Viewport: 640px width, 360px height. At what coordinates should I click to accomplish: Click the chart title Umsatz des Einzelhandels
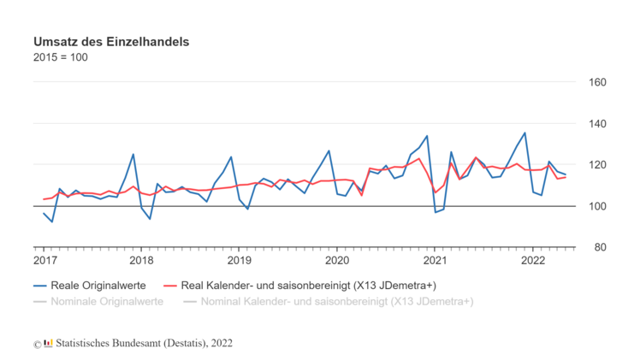coord(111,41)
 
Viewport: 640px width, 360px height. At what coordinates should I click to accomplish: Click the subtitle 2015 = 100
coord(61,58)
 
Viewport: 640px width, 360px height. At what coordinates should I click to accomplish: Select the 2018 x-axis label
coord(142,260)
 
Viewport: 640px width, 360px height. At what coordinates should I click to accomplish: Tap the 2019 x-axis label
coord(240,260)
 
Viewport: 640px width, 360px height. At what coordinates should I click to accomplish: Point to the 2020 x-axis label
coord(337,260)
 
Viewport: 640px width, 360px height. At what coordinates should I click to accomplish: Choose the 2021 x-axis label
coord(436,260)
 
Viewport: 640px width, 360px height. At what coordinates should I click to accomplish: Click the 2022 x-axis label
coord(533,260)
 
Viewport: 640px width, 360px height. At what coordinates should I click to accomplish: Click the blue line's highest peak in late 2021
coord(524,133)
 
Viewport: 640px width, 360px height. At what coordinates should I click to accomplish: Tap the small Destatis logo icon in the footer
coord(48,343)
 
